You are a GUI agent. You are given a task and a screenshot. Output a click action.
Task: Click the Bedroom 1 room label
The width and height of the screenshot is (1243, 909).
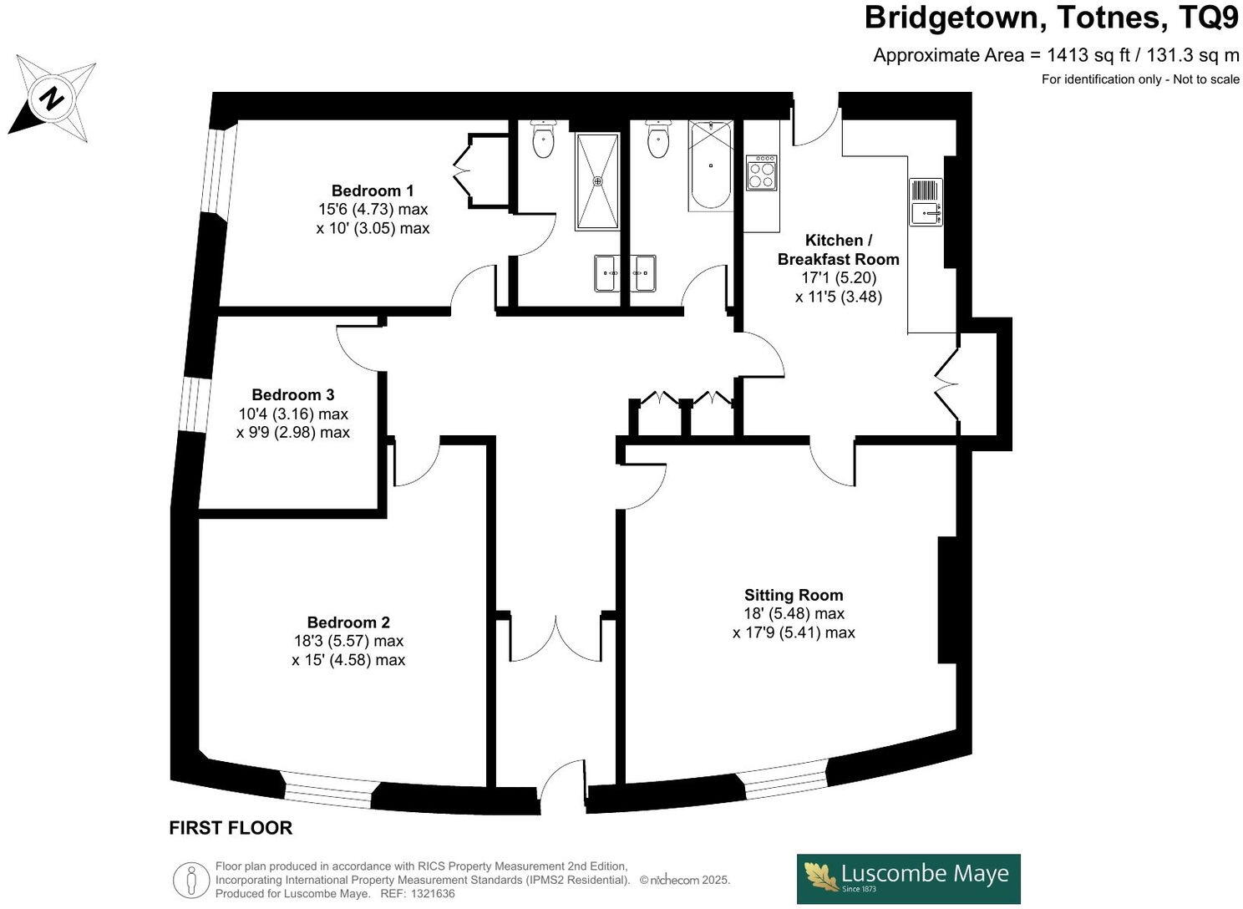373,190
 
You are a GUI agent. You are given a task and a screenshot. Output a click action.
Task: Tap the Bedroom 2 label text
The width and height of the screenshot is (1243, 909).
348,622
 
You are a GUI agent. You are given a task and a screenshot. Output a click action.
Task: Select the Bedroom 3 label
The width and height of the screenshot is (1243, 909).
293,394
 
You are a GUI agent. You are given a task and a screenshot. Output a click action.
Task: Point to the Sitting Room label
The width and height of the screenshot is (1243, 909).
794,595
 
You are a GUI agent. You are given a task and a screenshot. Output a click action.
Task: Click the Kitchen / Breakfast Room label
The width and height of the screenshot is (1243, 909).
837,250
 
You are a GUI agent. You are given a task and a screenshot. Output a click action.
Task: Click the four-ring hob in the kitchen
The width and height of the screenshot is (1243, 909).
761,173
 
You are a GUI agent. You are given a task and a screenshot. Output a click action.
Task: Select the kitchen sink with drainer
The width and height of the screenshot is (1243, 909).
926,202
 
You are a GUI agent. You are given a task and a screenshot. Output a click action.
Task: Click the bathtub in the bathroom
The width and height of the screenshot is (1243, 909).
711,165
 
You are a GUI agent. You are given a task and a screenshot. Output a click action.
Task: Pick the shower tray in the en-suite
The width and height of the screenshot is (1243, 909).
597,180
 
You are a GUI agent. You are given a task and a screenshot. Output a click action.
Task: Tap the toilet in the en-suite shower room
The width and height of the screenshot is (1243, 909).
543,140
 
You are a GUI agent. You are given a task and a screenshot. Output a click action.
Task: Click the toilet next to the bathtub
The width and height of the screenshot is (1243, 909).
658,140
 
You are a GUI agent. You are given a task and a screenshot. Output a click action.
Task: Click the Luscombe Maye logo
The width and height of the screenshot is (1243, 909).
908,878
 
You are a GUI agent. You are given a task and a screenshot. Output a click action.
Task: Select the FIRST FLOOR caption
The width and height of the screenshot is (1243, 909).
231,828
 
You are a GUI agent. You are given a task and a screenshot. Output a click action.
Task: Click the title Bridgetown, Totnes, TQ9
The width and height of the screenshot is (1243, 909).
1051,18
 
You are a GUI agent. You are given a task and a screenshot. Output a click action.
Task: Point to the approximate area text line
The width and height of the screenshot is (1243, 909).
1056,55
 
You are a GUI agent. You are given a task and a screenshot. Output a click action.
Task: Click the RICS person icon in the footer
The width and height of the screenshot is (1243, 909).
191,880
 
